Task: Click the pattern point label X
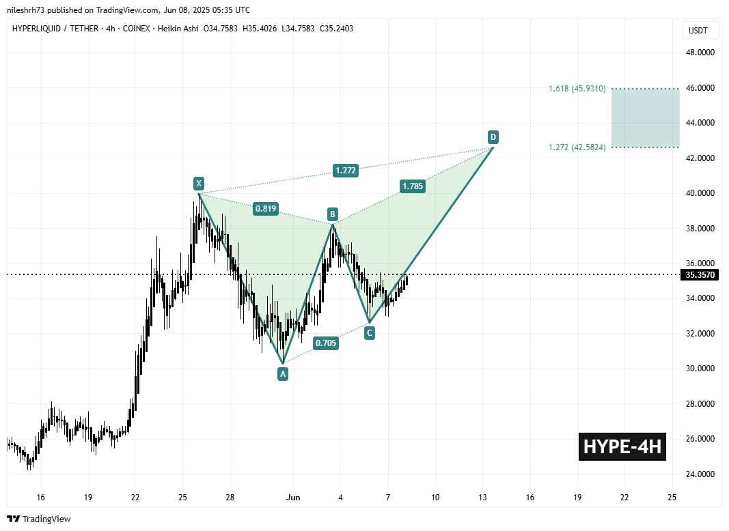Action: point(198,183)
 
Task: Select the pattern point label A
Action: point(282,373)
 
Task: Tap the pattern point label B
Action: point(332,214)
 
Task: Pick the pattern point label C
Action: point(369,333)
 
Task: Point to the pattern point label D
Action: point(493,137)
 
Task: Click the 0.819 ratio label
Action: point(265,210)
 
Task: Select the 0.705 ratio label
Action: point(326,343)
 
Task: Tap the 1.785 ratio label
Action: point(413,186)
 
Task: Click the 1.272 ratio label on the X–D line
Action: point(346,171)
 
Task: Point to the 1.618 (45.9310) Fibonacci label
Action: point(577,89)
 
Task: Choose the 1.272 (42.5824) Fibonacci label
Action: point(577,147)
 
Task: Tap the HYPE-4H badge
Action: point(622,447)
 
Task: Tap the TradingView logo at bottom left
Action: point(39,519)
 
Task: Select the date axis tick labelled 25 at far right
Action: point(672,497)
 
